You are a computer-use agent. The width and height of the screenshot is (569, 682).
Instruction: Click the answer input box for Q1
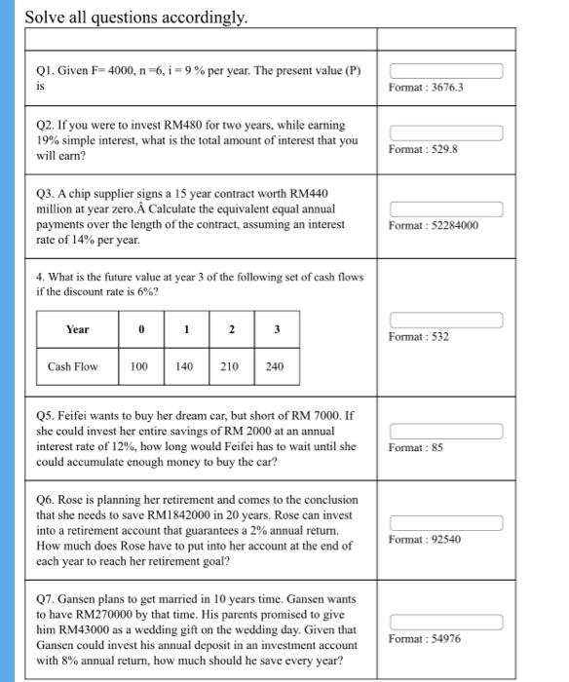click(x=446, y=71)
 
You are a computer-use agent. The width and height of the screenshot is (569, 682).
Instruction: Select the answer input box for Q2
click(x=446, y=133)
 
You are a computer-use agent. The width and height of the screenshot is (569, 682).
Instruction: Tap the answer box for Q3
click(x=446, y=208)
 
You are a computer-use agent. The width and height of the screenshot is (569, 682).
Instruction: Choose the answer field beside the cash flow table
click(x=446, y=321)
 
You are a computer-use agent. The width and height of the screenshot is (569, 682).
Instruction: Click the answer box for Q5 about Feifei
click(x=446, y=431)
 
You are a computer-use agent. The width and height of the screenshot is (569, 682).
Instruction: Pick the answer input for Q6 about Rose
click(x=446, y=523)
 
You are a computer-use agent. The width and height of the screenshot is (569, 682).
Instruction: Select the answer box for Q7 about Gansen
click(x=446, y=622)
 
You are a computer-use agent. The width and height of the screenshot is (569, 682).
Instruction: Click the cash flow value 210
click(x=231, y=366)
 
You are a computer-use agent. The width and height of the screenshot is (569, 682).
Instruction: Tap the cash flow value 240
click(x=276, y=366)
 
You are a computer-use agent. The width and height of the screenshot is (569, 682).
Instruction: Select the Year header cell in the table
click(x=77, y=329)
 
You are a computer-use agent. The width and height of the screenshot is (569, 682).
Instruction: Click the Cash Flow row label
click(x=73, y=366)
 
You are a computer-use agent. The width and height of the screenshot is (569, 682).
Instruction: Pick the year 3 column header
click(x=276, y=329)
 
